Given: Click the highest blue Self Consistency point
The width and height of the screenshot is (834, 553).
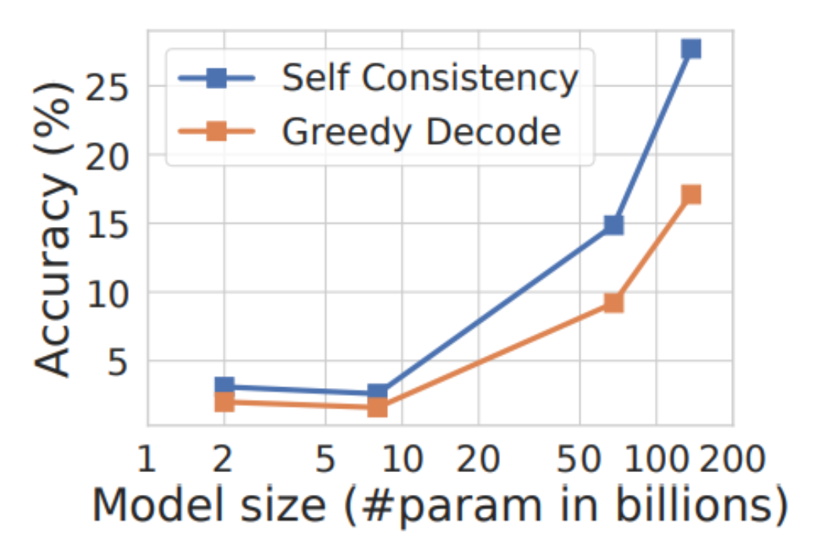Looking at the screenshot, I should [691, 49].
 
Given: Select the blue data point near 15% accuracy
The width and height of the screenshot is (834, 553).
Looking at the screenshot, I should [613, 225].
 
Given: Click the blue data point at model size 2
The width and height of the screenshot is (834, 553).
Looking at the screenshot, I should [224, 386].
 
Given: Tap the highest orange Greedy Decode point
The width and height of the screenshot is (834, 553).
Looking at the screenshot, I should [691, 195].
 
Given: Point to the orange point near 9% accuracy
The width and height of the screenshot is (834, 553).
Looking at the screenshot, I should [613, 302].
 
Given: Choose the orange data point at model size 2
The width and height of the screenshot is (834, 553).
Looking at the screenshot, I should [224, 402].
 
